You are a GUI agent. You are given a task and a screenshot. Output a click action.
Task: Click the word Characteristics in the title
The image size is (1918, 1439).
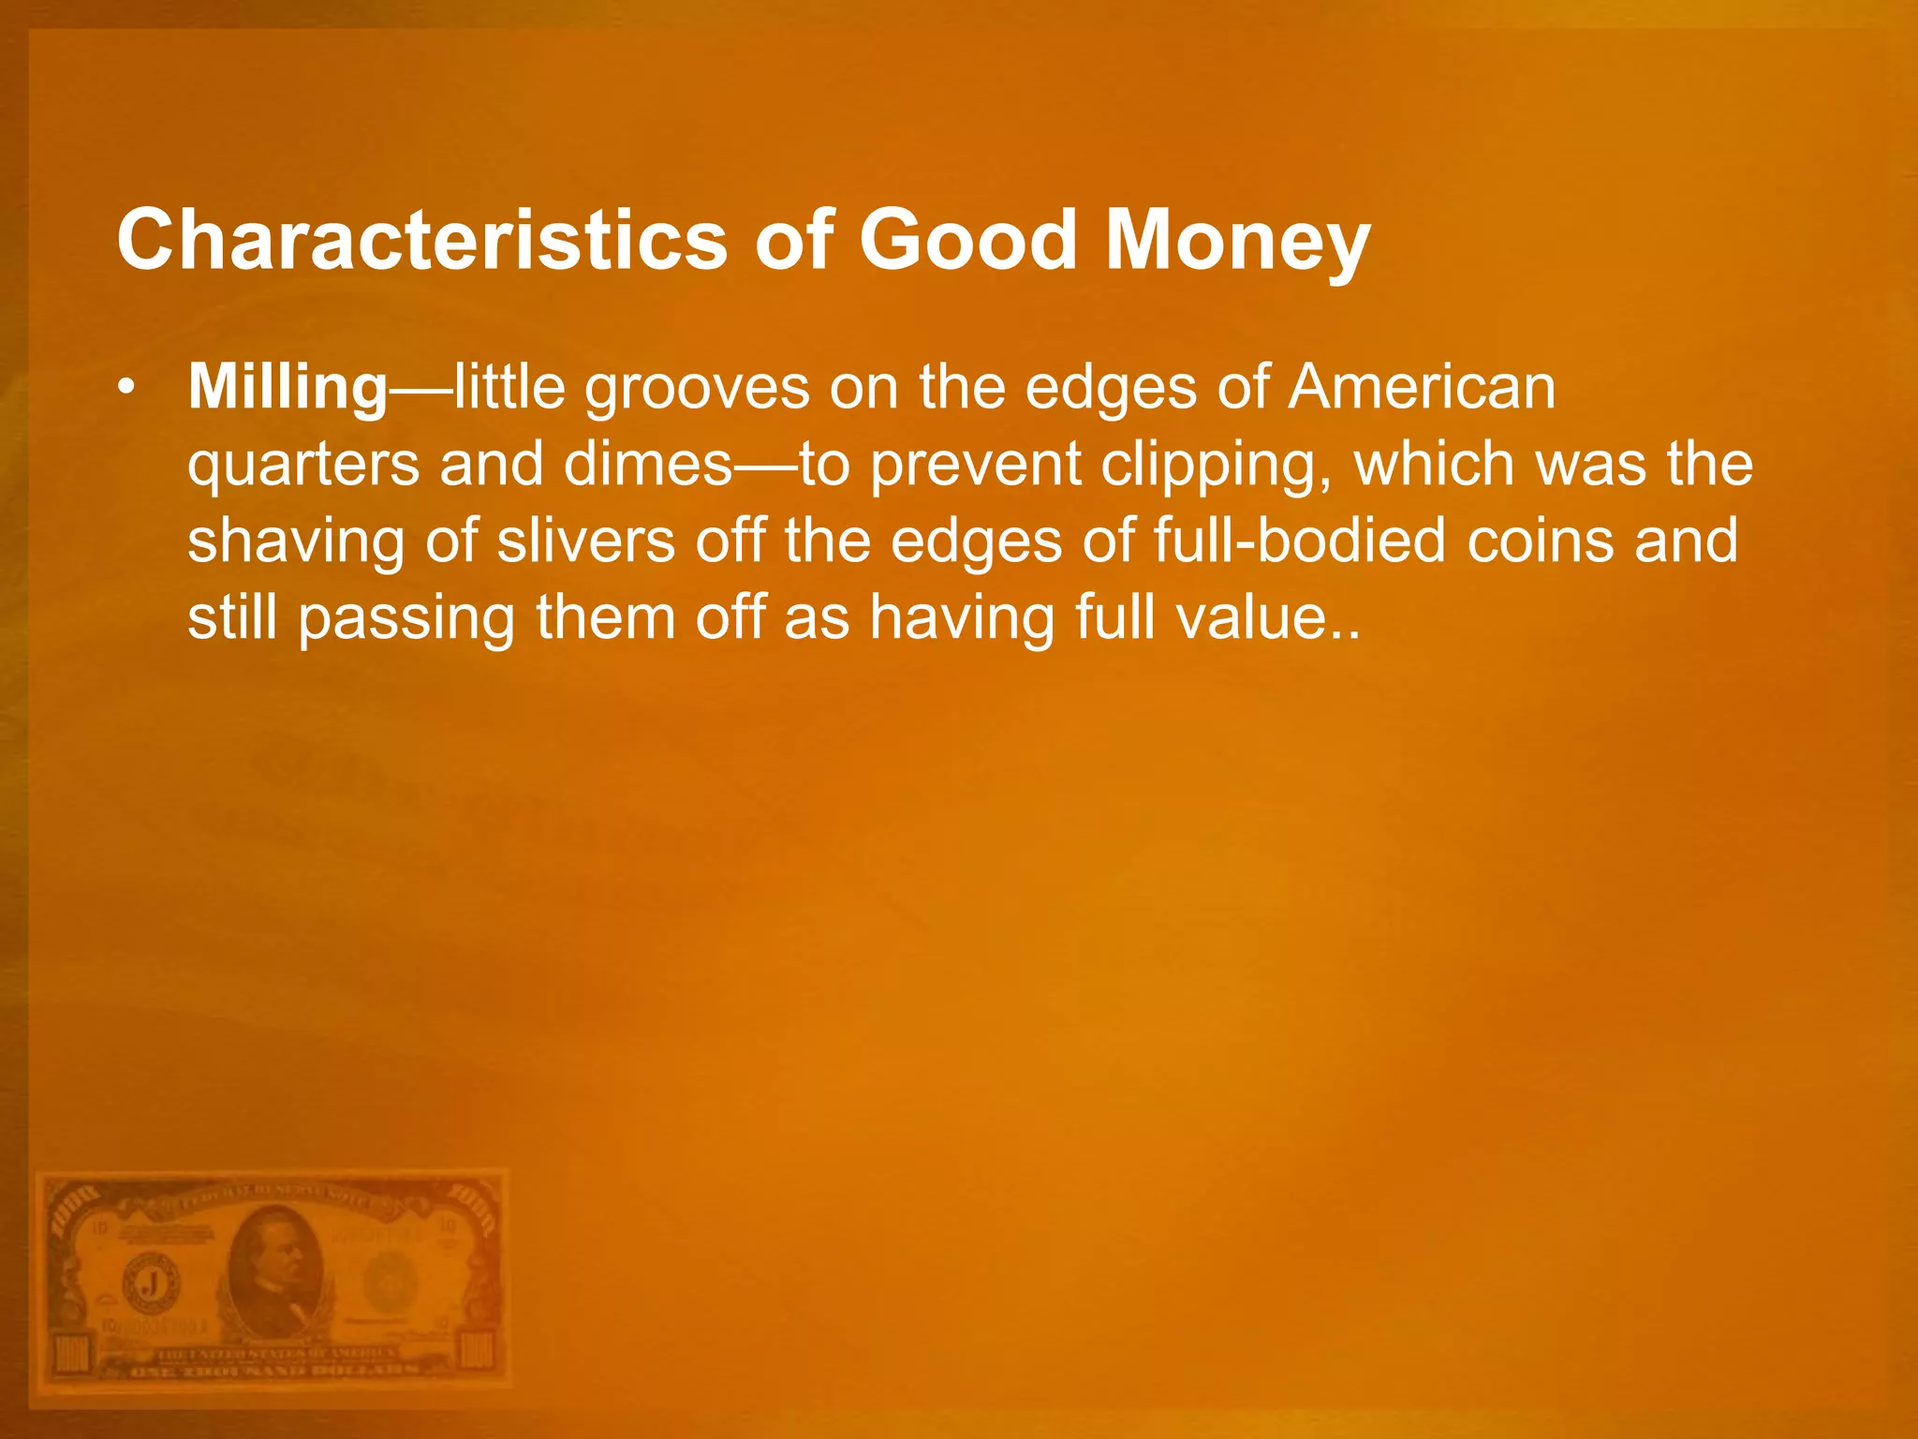pyautogui.click(x=421, y=240)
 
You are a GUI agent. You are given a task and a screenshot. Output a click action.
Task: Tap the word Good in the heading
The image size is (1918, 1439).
pyautogui.click(x=968, y=240)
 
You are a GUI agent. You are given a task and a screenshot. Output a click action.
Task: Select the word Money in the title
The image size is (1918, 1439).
pyautogui.click(x=1237, y=242)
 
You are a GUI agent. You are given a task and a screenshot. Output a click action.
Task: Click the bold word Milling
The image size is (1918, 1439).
pyautogui.click(x=288, y=388)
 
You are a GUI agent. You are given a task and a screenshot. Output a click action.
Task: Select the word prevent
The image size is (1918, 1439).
pyautogui.click(x=975, y=466)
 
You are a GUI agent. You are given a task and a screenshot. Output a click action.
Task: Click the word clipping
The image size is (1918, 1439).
pyautogui.click(x=1217, y=466)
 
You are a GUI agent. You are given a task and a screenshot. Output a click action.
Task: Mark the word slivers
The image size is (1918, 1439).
pyautogui.click(x=586, y=541)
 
